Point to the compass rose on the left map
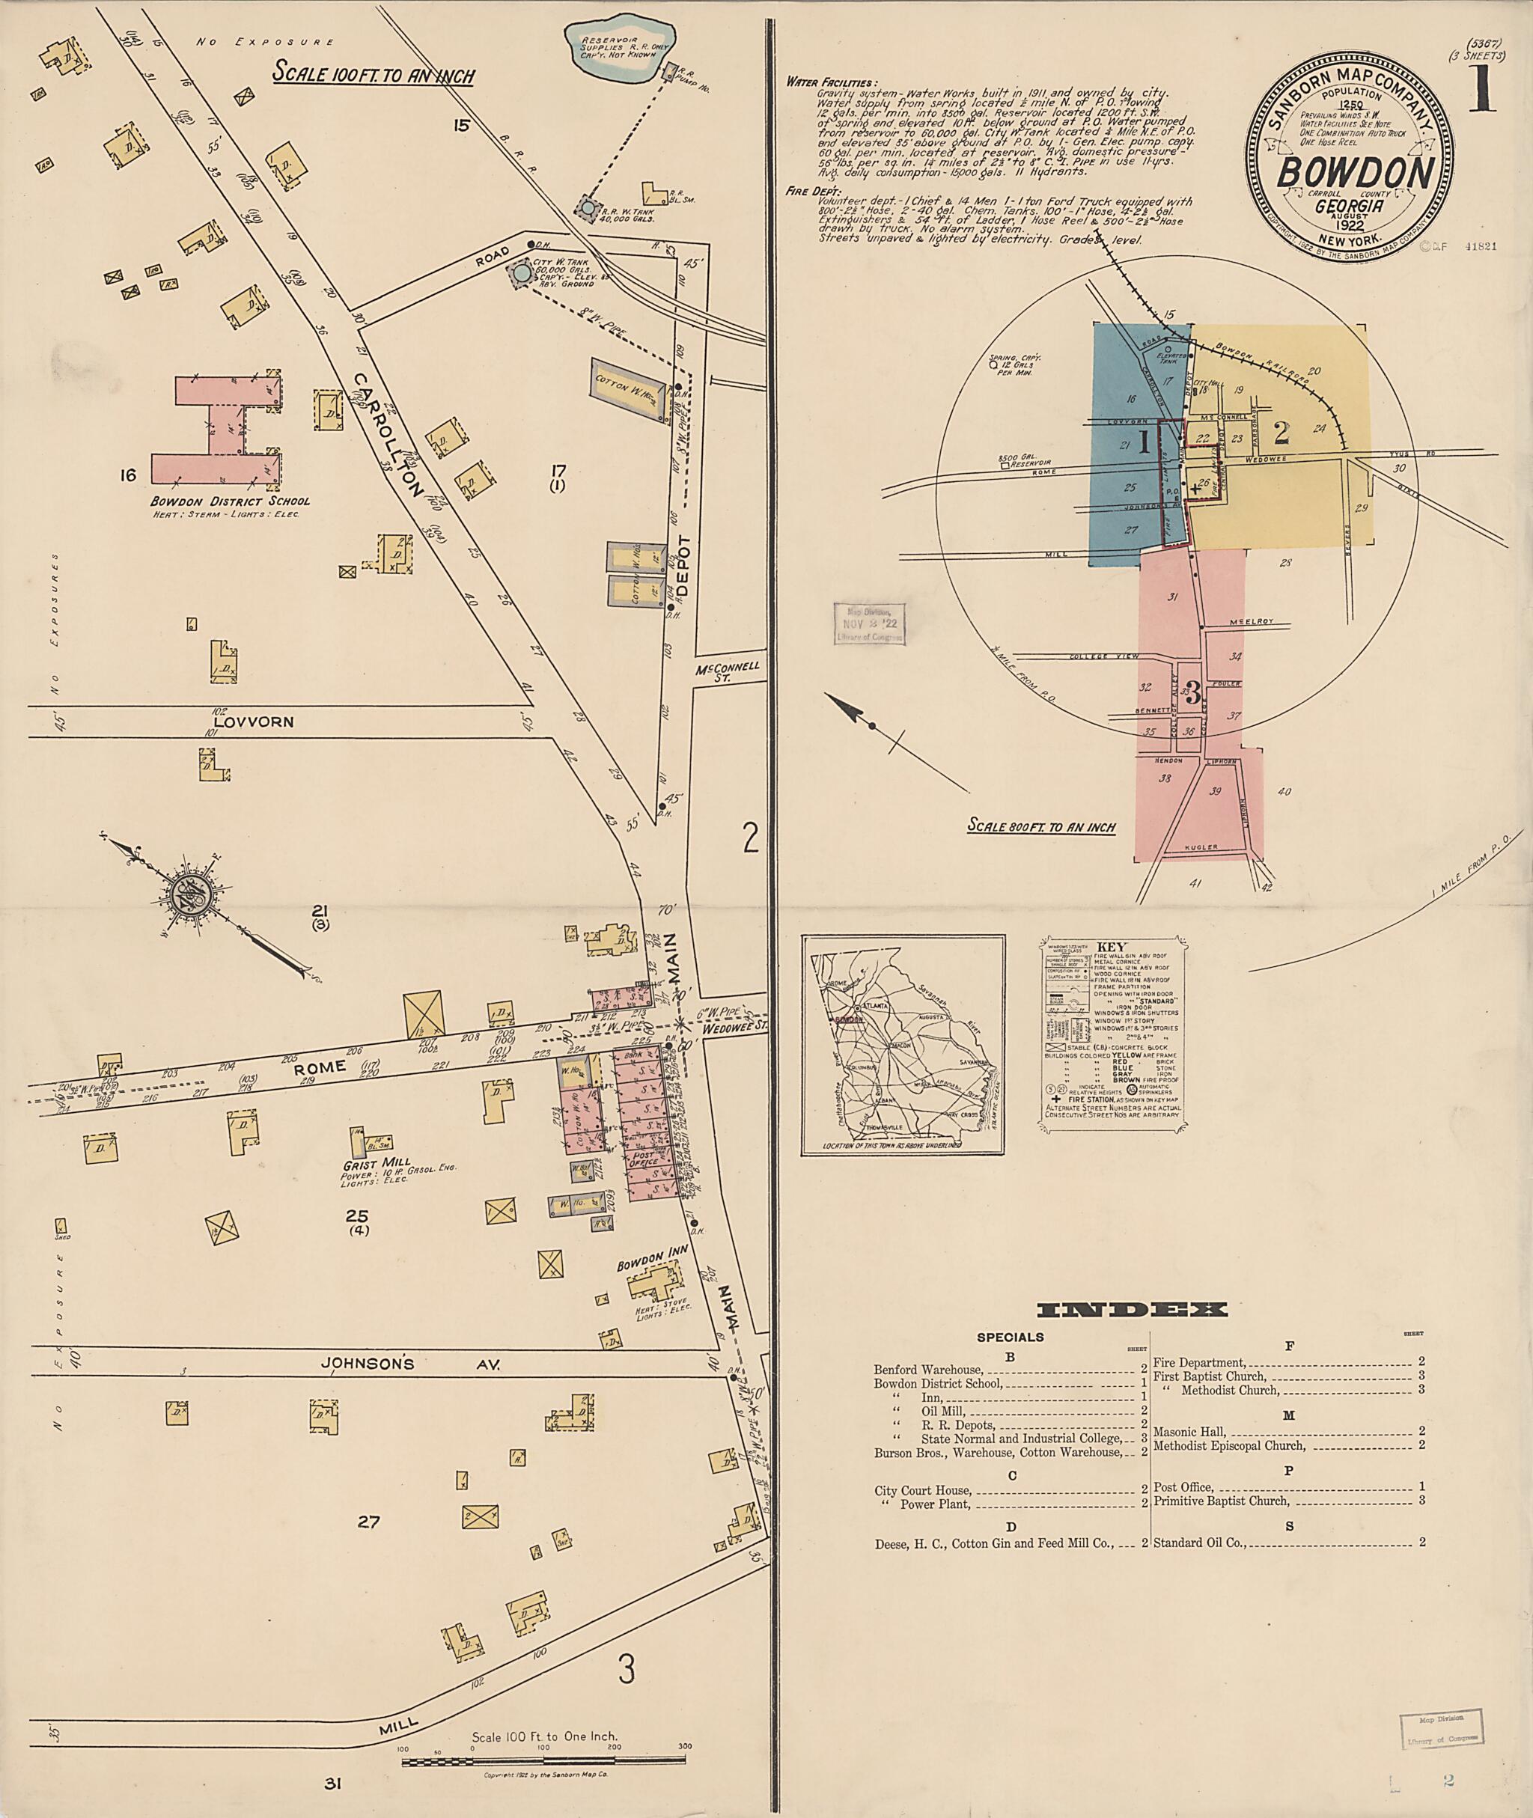click(x=189, y=895)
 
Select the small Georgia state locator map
click(x=903, y=1043)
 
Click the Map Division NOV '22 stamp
click(x=869, y=623)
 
